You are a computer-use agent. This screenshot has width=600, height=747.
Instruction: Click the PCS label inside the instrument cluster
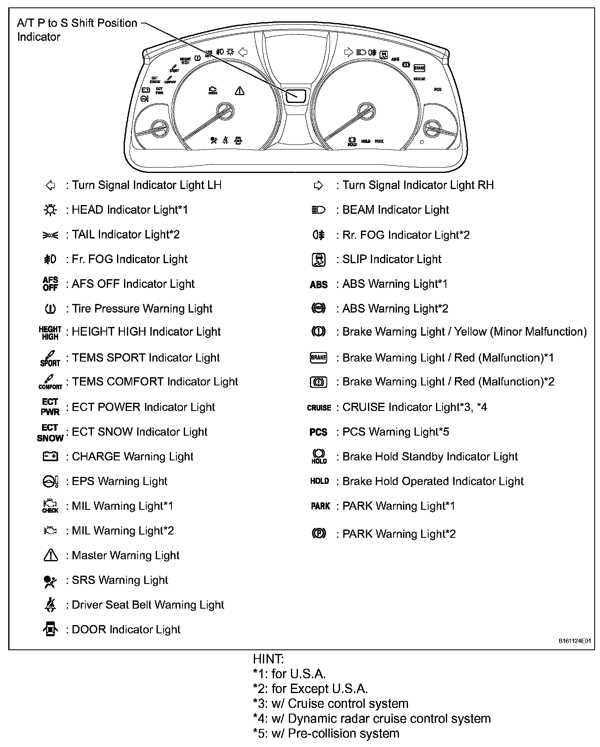438,89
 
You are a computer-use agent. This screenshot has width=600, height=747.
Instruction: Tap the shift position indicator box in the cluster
296,95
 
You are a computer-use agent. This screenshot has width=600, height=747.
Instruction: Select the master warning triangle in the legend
50,556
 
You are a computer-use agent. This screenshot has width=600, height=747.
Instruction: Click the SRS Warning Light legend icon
50,581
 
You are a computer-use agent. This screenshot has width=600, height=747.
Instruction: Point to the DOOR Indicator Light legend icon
50,629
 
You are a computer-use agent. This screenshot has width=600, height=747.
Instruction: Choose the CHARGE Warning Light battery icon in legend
50,456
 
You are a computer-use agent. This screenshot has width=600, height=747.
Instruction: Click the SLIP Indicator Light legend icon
318,259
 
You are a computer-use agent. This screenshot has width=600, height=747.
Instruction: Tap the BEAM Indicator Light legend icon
318,210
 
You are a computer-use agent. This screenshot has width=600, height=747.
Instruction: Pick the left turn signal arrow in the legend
50,185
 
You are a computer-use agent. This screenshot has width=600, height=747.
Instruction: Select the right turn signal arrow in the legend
318,186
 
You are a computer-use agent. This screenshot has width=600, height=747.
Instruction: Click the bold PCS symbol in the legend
318,432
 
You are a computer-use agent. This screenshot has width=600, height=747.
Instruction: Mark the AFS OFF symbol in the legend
50,284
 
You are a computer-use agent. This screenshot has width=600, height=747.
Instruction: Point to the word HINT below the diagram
268,659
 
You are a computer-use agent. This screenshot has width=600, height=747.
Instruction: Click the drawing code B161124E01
574,641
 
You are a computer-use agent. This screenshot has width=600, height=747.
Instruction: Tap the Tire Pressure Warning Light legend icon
50,308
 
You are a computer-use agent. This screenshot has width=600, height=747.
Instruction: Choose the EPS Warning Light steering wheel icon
50,481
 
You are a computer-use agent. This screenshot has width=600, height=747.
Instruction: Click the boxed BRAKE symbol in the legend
318,357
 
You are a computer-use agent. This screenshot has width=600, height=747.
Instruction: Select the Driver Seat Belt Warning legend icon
50,605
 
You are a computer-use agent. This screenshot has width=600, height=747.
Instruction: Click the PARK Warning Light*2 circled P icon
318,534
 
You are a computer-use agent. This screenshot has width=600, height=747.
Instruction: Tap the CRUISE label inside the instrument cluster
420,79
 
